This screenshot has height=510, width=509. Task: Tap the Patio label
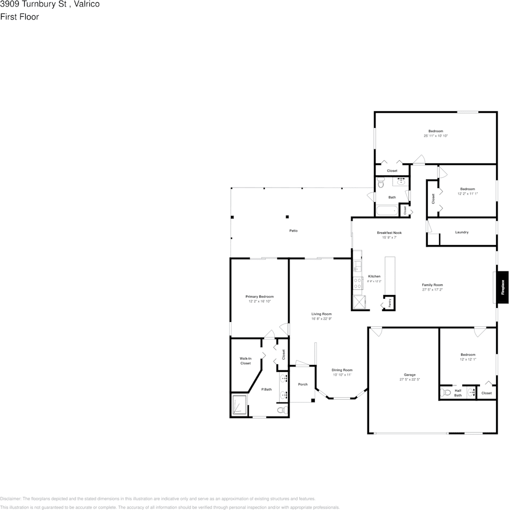click(293, 231)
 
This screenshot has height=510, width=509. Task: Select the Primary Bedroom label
click(259, 297)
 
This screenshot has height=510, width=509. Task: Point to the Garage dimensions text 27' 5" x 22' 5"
click(409, 379)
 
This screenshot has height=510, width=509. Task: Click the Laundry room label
click(462, 232)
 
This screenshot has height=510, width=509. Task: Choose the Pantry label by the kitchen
click(389, 303)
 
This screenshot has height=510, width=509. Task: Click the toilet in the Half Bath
click(445, 393)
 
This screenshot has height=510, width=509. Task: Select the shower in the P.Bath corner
click(239, 405)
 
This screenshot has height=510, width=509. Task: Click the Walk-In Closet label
click(245, 361)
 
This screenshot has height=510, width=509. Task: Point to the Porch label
click(303, 384)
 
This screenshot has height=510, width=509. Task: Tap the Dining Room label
click(342, 370)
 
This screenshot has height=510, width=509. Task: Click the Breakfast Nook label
click(388, 233)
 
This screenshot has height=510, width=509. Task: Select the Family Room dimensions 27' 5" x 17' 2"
click(432, 290)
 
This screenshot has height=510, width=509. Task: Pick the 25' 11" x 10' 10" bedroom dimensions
click(435, 136)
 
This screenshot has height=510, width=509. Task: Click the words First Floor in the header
click(19, 17)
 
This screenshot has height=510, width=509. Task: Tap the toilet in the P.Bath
click(280, 411)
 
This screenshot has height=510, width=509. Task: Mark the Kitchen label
click(374, 276)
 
